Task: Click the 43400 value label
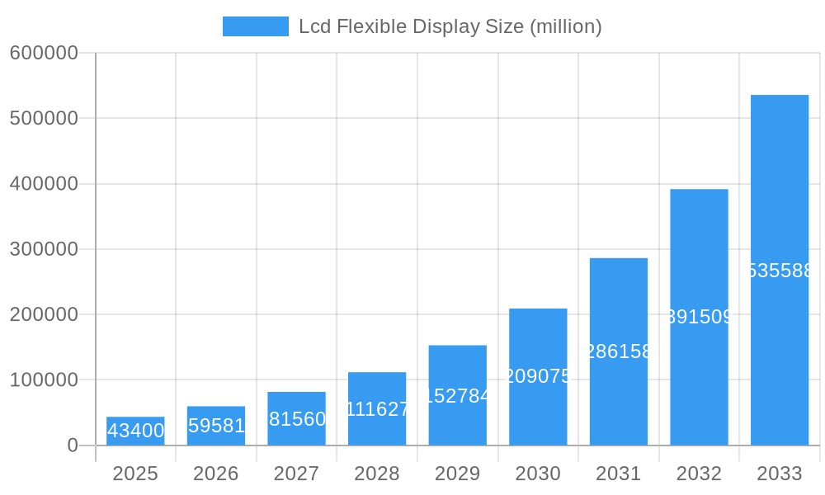135,431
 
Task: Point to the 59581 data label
216,426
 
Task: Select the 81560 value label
297,419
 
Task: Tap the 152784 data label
458,396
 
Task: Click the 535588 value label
780,271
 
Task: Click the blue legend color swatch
256,26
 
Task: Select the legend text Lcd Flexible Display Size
450,26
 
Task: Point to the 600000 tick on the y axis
44,53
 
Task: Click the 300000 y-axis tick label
44,249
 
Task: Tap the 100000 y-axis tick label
44,380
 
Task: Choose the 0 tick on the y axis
73,445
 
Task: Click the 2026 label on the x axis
216,474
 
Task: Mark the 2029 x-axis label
458,474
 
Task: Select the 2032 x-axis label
699,474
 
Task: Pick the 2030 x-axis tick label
538,474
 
